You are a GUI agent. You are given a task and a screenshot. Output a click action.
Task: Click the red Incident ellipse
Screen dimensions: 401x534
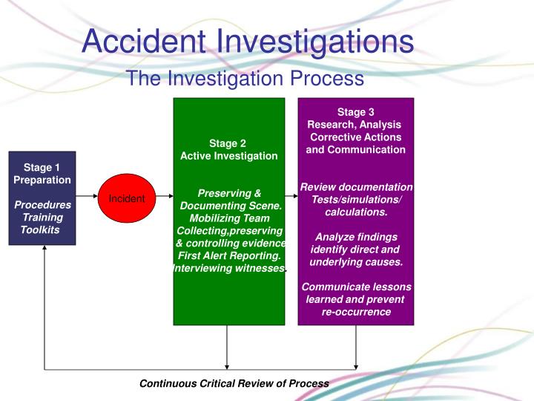(127, 198)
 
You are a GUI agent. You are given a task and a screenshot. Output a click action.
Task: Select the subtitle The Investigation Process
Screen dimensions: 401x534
(245, 78)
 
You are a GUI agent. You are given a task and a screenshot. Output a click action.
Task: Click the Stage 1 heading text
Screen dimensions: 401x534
(42, 167)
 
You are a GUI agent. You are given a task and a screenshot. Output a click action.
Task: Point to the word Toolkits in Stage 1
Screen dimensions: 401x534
(40, 230)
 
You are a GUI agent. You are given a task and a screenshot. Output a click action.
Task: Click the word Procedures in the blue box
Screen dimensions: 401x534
(43, 205)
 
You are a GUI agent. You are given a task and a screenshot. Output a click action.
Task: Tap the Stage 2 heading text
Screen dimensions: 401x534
(228, 143)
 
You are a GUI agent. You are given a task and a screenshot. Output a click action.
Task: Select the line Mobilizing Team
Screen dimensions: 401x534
(229, 218)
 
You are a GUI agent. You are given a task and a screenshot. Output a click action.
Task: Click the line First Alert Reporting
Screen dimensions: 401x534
(229, 255)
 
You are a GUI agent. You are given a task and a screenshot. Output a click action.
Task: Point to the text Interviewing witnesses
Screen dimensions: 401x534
(229, 268)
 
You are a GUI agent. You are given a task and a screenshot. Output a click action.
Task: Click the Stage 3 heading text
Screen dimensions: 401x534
(355, 112)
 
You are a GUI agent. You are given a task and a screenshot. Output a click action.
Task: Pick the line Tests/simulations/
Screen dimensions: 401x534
(356, 199)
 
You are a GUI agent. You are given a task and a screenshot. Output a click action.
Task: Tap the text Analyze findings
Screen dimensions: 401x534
(355, 237)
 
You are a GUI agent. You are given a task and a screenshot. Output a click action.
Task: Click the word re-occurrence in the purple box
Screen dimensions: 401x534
(356, 312)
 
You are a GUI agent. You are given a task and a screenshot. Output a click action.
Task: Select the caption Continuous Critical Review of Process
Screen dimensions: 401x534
(234, 383)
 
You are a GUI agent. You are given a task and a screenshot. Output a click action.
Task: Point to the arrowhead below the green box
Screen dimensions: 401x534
(227, 364)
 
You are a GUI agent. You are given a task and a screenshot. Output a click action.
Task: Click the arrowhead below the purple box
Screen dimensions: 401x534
(356, 364)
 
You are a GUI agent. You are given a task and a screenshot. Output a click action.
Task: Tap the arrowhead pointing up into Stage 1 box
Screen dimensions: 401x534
(44, 249)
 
